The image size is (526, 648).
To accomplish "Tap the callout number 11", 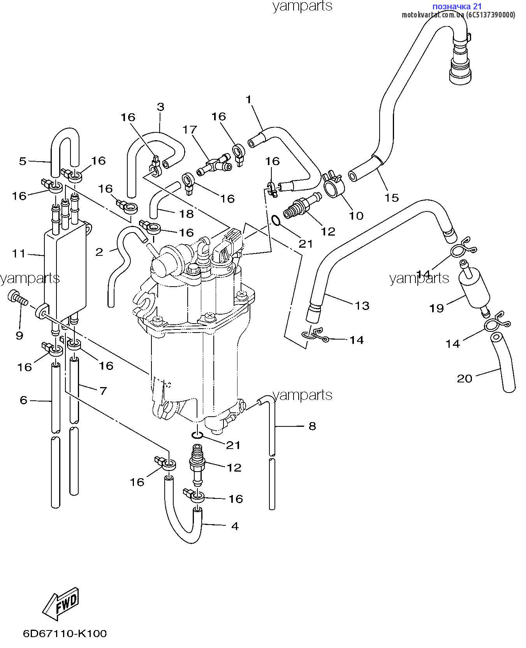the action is click(x=18, y=254).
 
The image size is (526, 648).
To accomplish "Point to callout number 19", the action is click(x=436, y=308).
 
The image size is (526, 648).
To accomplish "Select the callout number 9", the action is click(x=19, y=336).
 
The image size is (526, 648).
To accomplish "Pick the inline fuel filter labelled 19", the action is click(x=473, y=289).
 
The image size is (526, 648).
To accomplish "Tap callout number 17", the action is click(x=190, y=129).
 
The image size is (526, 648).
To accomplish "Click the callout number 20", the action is click(x=464, y=379).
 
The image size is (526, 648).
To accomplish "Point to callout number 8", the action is click(x=312, y=426).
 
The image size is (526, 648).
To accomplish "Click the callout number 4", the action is click(x=235, y=526).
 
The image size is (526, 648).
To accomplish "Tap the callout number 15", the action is click(x=392, y=198).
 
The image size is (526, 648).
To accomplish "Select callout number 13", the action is click(x=362, y=306).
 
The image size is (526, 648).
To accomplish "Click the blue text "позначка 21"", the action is click(x=457, y=6).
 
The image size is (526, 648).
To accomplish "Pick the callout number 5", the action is click(x=23, y=161).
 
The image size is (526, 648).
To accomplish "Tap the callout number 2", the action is click(x=99, y=252).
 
